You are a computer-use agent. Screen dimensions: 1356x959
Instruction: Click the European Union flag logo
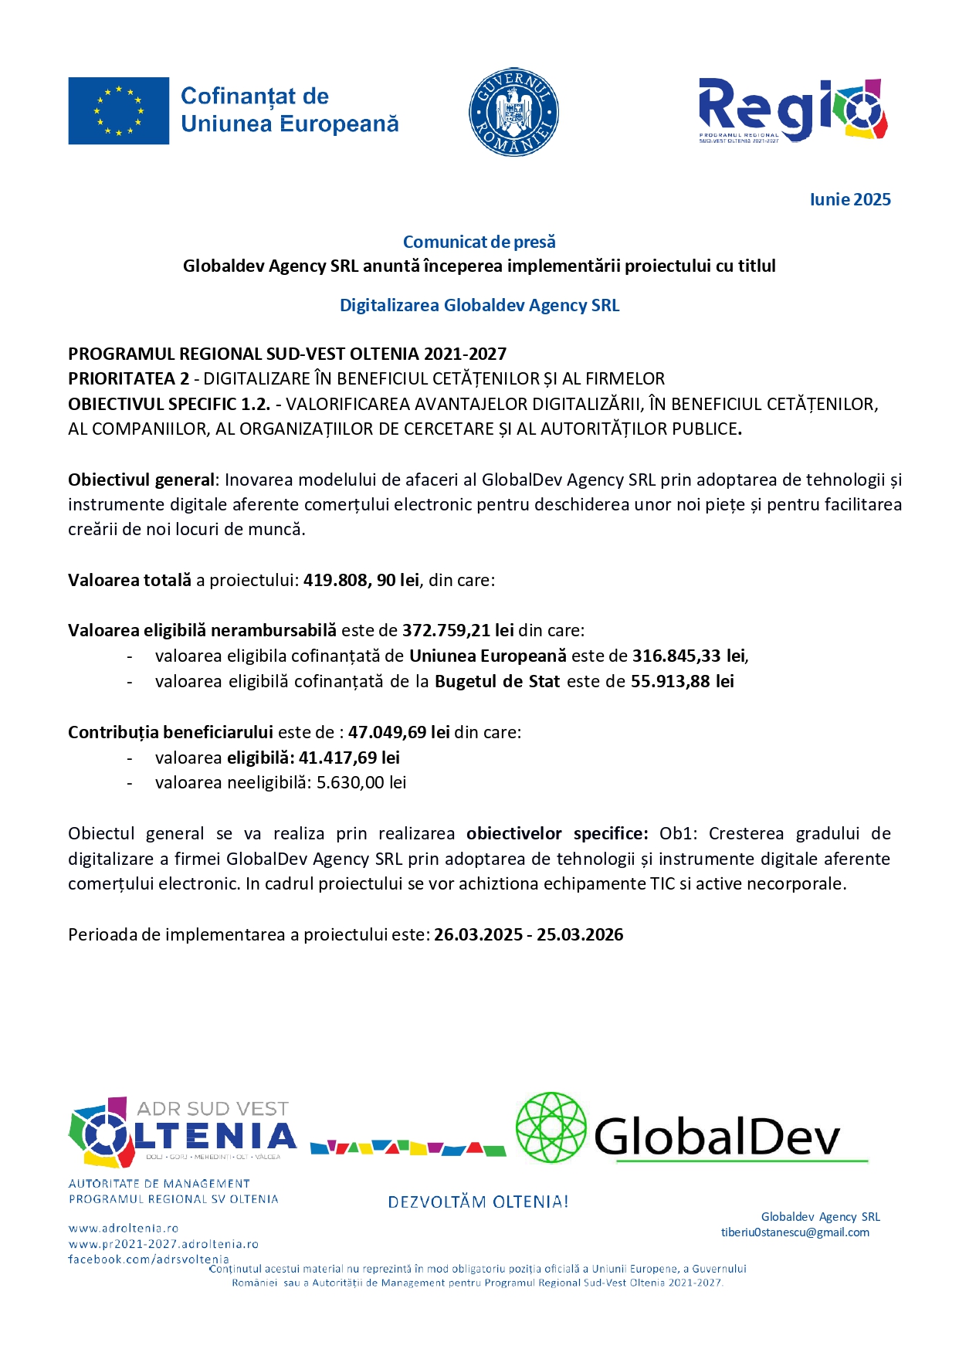pos(118,110)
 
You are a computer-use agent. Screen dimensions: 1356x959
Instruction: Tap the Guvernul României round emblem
pos(513,112)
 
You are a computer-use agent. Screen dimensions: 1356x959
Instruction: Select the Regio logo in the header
pos(793,110)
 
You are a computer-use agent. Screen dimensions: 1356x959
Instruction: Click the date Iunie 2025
pos(849,199)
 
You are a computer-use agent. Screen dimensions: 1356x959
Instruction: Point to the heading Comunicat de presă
pos(479,242)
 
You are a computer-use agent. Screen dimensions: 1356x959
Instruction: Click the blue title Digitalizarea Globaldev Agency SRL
pos(479,305)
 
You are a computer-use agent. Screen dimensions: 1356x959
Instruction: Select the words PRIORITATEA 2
pos(128,378)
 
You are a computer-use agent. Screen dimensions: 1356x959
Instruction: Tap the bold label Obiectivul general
pos(141,480)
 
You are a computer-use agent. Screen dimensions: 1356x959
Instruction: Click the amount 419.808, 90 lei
pos(361,580)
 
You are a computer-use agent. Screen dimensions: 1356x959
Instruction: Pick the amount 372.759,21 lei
pos(458,630)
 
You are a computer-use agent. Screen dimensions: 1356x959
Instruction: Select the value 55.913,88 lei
pos(682,681)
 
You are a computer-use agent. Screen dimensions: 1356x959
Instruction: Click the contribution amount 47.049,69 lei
pos(398,732)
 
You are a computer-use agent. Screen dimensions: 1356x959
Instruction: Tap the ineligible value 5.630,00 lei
pos(361,782)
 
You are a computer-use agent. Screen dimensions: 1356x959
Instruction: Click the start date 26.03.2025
pos(478,934)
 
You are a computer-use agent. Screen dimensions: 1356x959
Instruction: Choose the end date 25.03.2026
pos(580,934)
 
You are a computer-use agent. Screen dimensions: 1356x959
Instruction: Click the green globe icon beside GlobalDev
pos(551,1127)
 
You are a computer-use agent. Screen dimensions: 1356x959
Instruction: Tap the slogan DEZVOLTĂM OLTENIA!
pos(478,1202)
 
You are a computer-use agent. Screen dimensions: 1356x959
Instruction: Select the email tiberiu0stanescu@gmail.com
pos(795,1232)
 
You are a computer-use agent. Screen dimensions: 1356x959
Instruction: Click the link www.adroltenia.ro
pos(124,1228)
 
